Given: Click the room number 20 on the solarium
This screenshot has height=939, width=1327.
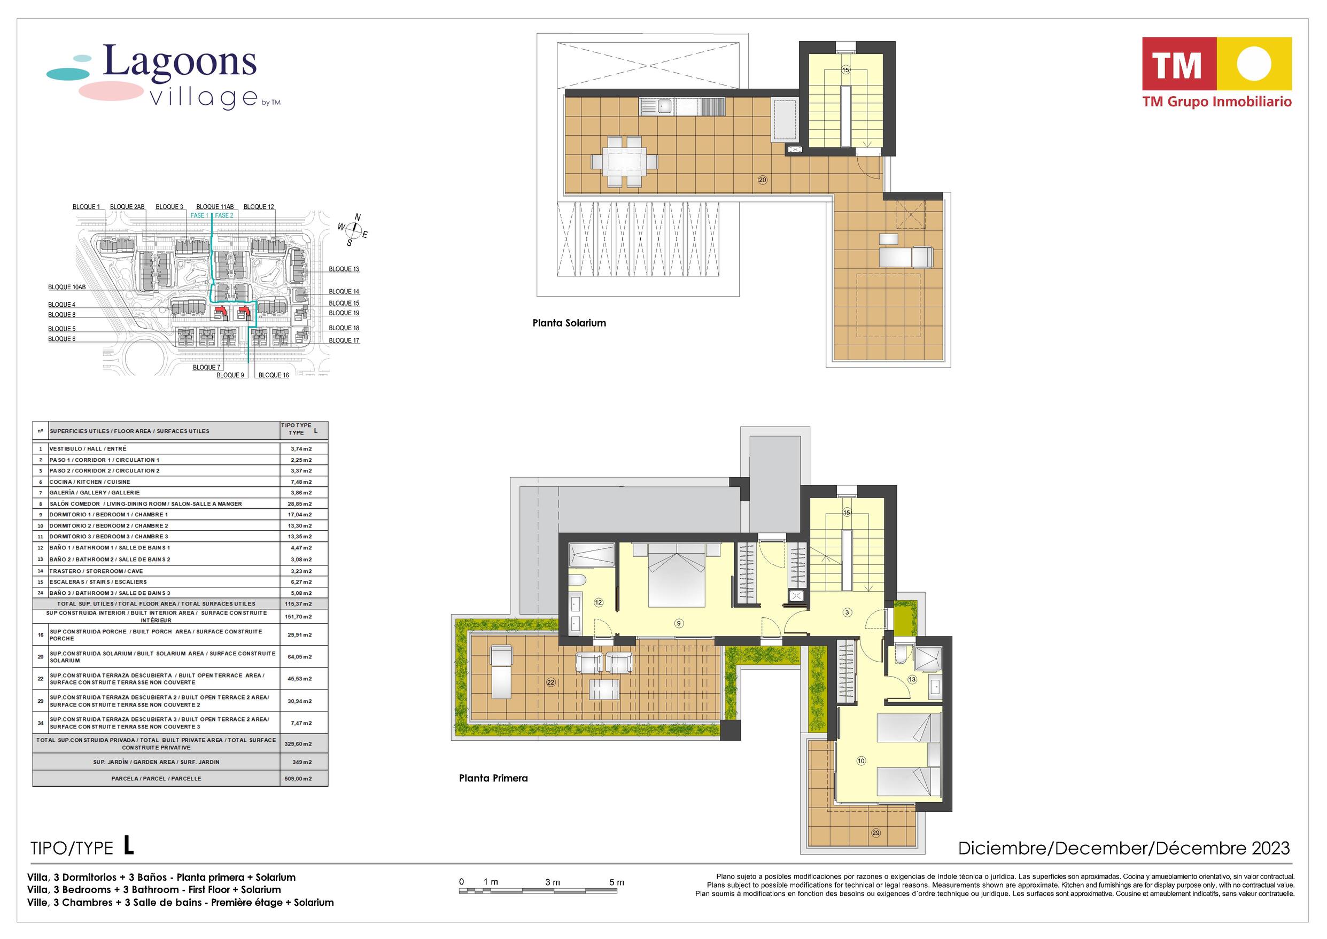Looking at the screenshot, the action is click(x=762, y=180).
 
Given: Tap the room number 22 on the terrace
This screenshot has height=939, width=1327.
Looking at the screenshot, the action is click(x=550, y=682).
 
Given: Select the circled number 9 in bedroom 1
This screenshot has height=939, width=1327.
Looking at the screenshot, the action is click(x=679, y=623).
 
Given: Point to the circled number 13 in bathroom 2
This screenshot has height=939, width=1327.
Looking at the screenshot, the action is click(x=912, y=679).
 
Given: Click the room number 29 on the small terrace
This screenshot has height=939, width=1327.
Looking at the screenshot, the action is click(x=876, y=833).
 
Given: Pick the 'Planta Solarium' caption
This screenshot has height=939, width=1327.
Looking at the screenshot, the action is click(x=569, y=323).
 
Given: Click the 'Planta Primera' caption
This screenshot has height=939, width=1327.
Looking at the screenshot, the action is click(x=493, y=778).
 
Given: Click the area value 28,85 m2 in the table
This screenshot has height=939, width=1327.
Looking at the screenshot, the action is click(x=299, y=503).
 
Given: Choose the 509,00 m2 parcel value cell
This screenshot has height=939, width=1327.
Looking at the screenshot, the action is click(x=299, y=778).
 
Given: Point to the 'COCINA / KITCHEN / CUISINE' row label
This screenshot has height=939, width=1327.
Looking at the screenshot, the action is click(x=90, y=482).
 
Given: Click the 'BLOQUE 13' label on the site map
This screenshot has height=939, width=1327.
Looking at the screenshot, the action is click(x=344, y=269).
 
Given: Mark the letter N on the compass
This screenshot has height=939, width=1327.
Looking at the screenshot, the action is click(x=358, y=218).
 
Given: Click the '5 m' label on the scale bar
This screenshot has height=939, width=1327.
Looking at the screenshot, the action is click(x=616, y=882).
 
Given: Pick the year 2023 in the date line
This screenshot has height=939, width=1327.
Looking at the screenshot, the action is click(x=1271, y=848).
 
